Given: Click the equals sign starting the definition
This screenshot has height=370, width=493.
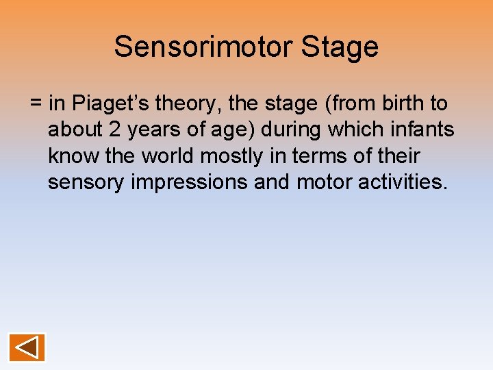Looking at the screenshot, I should coord(36,104).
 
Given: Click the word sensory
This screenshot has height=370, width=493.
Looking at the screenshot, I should coord(84,182).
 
